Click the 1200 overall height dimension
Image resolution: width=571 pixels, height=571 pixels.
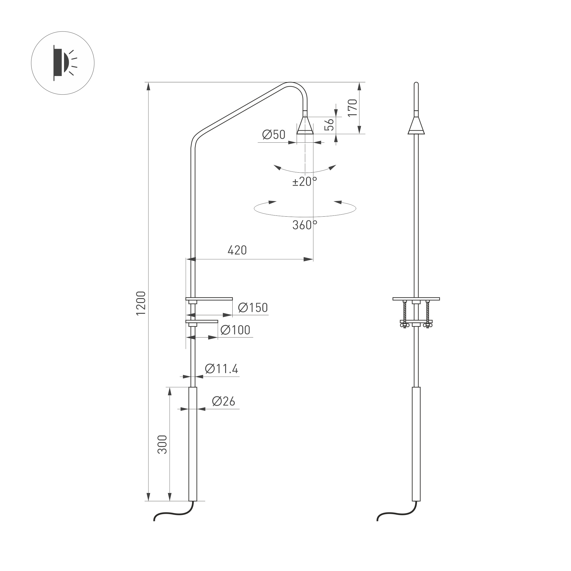(141, 303)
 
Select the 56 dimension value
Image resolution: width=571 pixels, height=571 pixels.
(330, 124)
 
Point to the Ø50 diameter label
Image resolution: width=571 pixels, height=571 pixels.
(274, 135)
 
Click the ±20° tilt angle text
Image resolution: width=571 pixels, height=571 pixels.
(304, 181)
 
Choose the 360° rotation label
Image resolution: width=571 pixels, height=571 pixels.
(304, 225)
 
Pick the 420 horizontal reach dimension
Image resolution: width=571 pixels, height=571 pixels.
(237, 250)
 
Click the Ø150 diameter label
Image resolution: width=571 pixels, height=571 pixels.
(253, 308)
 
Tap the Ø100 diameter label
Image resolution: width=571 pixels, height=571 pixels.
(235, 330)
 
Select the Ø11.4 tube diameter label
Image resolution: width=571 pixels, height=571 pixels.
(222, 369)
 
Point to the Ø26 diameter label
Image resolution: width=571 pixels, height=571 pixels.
(224, 401)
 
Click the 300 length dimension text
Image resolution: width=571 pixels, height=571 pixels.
(162, 444)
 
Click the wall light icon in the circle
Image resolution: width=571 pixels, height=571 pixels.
(62, 63)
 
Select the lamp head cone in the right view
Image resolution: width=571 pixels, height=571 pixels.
(416, 126)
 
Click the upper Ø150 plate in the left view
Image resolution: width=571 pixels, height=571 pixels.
(209, 299)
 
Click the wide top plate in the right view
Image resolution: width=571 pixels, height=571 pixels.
(416, 299)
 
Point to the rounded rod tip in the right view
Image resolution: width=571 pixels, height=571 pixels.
(416, 84)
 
